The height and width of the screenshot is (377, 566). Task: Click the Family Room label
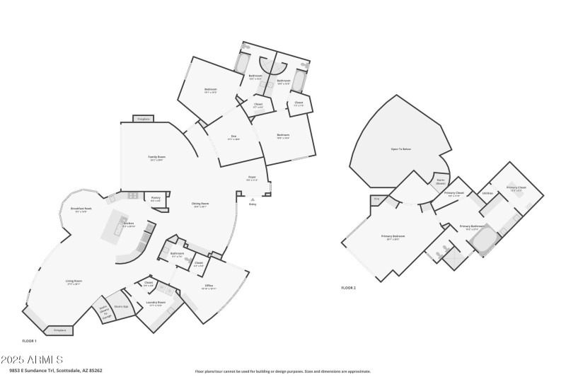(x=156, y=158)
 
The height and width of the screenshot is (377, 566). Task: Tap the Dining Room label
(x=201, y=205)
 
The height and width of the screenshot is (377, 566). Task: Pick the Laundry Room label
(x=157, y=303)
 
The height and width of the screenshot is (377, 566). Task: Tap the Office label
(x=209, y=286)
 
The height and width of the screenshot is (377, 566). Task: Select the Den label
(x=233, y=138)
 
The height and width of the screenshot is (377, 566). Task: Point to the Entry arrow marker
(x=253, y=200)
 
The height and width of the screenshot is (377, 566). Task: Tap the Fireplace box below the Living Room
(x=60, y=330)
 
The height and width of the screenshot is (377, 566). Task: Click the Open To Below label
(x=400, y=149)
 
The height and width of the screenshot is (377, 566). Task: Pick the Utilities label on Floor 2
(x=487, y=193)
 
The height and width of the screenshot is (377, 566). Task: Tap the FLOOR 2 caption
(x=348, y=288)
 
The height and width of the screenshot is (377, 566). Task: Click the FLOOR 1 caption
(x=29, y=341)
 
